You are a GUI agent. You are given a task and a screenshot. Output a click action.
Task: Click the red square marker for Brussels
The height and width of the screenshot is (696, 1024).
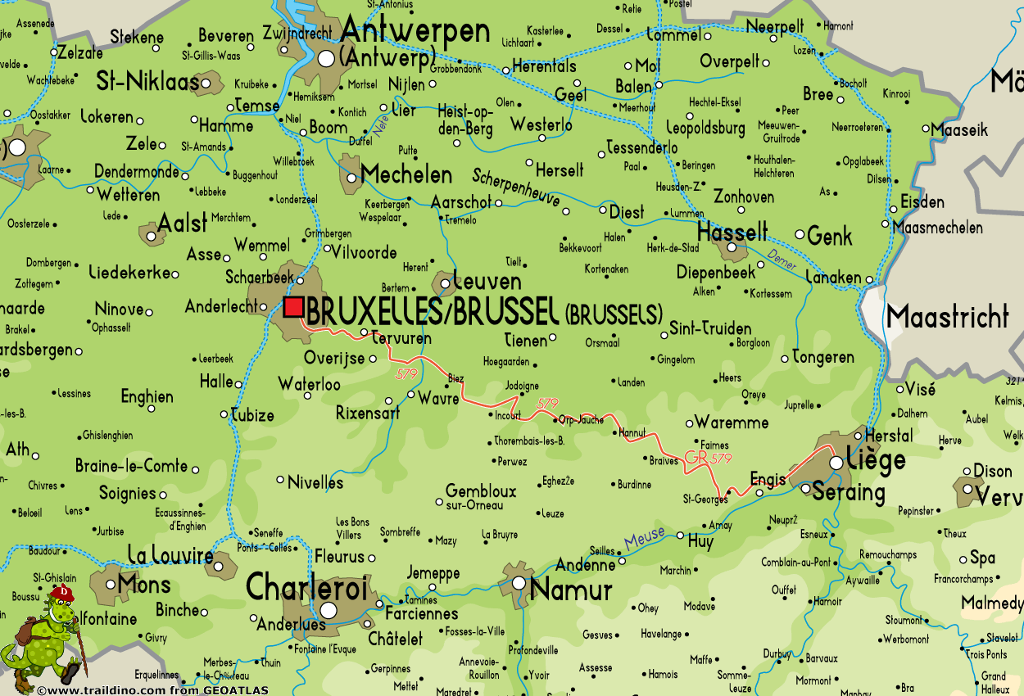(x=293, y=307)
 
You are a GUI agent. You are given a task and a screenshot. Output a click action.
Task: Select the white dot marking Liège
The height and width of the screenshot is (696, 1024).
(x=836, y=463)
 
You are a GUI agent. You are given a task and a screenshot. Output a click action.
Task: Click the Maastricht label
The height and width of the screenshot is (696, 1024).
(x=947, y=317)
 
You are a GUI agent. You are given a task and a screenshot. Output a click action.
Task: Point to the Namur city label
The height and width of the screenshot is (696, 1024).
(x=571, y=590)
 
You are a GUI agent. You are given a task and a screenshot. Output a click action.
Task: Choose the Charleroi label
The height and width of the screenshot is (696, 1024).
(x=307, y=587)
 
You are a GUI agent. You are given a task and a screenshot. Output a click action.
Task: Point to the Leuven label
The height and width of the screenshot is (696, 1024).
(x=487, y=282)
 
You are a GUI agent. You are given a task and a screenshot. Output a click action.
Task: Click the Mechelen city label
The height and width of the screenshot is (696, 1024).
(x=406, y=174)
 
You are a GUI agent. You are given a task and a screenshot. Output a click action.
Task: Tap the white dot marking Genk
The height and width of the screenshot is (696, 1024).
(x=800, y=234)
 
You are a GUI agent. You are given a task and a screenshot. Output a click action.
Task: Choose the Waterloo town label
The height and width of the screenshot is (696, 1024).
(x=309, y=384)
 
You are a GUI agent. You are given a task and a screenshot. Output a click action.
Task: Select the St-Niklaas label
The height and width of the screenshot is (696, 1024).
(x=147, y=81)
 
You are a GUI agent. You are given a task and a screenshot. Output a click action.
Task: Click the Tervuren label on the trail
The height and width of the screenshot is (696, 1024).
(x=401, y=338)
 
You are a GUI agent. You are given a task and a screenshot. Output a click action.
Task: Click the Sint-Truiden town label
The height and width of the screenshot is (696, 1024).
(x=710, y=328)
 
